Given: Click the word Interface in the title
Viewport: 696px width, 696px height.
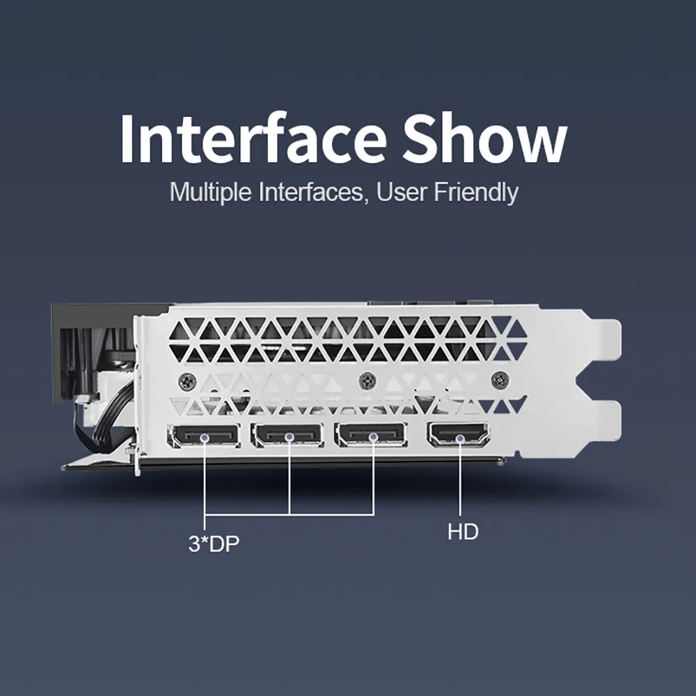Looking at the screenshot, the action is [253, 138].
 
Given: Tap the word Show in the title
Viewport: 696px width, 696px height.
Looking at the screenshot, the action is [484, 138].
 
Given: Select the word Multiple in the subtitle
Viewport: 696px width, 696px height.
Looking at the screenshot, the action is [210, 192].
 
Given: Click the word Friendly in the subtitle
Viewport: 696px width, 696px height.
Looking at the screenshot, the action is [476, 192].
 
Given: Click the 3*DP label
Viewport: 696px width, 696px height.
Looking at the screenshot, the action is [214, 544].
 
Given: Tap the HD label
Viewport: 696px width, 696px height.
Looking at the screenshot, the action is [463, 532].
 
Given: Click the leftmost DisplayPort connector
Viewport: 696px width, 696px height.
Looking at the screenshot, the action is [204, 436].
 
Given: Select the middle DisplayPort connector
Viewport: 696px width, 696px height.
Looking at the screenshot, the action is [287, 435].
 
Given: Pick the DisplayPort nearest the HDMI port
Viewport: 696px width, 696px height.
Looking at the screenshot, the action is [371, 434].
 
